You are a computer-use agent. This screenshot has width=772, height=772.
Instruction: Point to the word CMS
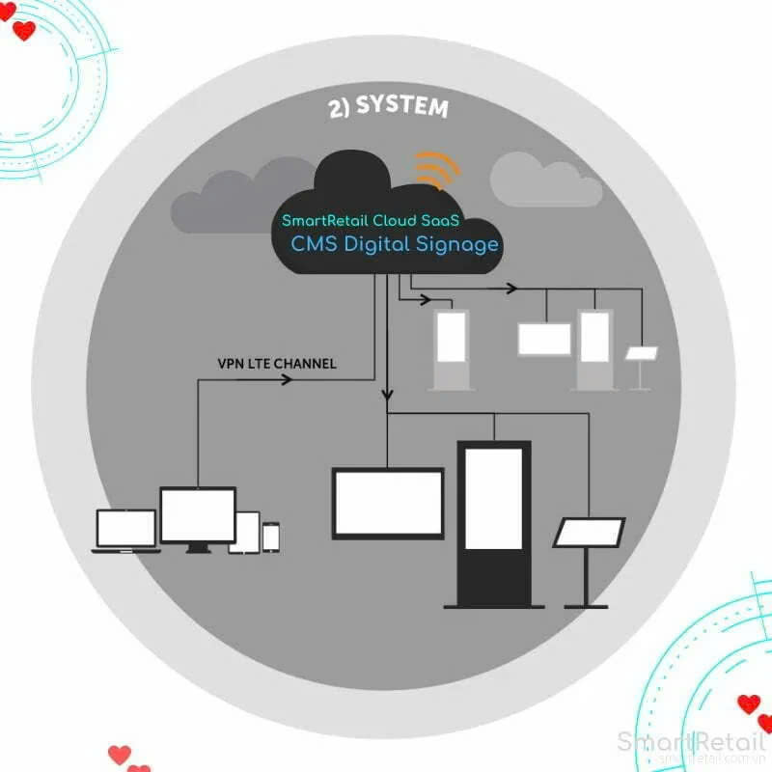click(316, 243)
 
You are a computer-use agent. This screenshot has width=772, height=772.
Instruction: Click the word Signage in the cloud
click(457, 244)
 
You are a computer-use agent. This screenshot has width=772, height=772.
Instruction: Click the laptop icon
click(125, 531)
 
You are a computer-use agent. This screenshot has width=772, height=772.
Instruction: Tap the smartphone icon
click(271, 538)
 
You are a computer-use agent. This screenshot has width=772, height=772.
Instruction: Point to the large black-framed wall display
click(388, 502)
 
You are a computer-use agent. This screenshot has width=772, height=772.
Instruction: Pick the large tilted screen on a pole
click(589, 534)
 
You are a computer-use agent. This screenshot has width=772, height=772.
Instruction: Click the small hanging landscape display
click(545, 339)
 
